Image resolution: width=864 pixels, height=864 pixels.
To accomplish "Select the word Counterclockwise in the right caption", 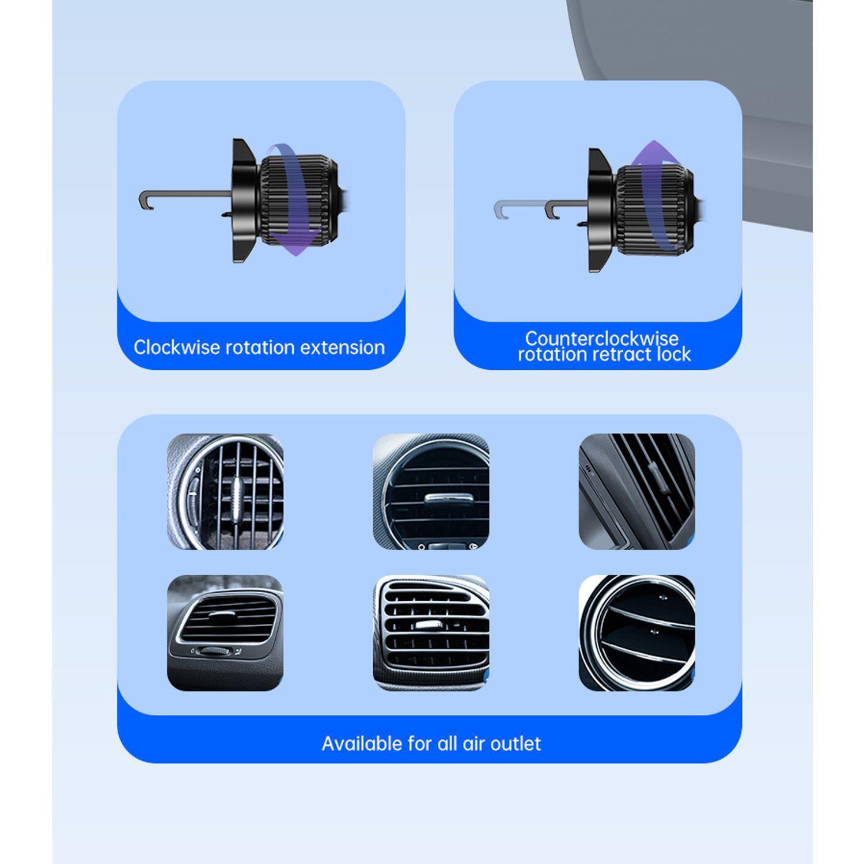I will (x=601, y=338).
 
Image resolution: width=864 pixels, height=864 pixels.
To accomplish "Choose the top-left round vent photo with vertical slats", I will (x=225, y=491).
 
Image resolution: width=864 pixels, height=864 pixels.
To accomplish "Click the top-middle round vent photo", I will (x=431, y=491).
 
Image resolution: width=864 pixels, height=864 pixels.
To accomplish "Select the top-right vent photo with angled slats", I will (x=636, y=491).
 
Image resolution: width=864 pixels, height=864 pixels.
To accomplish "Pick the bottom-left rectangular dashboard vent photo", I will (x=225, y=632).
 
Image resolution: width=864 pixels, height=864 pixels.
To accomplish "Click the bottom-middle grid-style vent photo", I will (x=431, y=632).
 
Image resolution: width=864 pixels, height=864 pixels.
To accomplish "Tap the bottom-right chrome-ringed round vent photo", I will (x=636, y=632).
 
